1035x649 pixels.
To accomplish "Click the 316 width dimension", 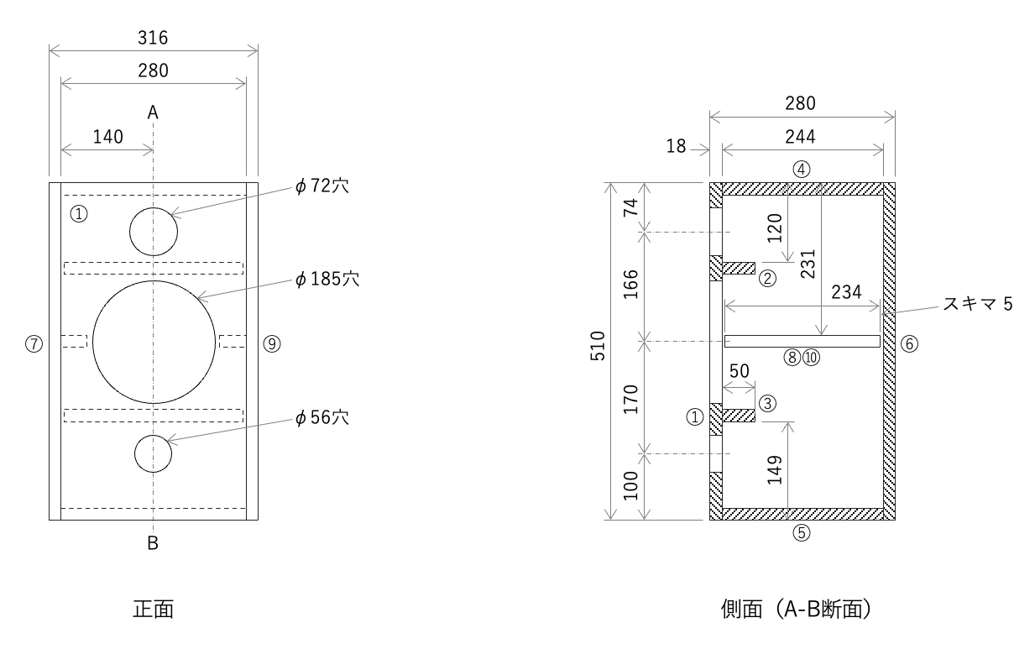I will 153,38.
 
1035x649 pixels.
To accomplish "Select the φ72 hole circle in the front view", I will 154,231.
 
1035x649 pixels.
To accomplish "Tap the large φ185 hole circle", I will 154,342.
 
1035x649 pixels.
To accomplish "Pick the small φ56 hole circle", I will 154,454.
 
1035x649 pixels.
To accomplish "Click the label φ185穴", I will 327,279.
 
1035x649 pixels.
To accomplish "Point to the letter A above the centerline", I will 153,112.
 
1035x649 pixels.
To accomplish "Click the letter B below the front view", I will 153,543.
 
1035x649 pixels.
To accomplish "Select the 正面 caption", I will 153,609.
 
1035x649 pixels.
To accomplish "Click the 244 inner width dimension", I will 802,136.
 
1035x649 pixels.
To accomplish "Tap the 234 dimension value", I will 846,292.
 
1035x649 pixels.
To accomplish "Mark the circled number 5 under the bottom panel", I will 802,532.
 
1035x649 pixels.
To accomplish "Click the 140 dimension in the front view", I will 107,137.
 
